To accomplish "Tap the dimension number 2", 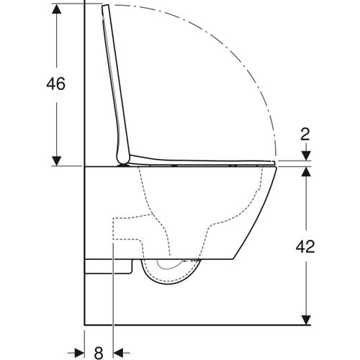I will (306, 134).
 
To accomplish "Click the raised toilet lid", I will (113, 79).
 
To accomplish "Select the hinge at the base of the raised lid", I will (125, 161).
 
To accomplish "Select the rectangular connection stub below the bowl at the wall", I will (108, 266).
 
